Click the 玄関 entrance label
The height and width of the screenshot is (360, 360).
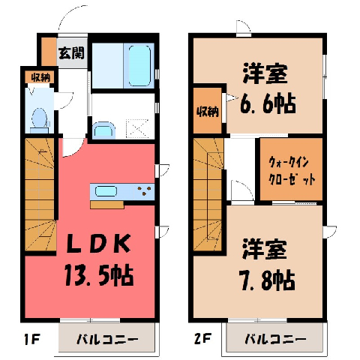(x=71, y=52)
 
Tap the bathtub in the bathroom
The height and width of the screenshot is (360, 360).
(x=139, y=66)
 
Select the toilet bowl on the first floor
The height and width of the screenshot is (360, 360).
(x=40, y=118)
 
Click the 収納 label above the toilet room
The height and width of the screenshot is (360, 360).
(x=40, y=78)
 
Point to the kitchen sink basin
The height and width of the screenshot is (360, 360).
(x=106, y=192)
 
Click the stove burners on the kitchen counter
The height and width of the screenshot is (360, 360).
(x=145, y=190)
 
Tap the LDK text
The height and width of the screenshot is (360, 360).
(x=98, y=243)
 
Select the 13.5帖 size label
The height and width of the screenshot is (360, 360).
(x=99, y=275)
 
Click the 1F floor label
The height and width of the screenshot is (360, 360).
(x=32, y=339)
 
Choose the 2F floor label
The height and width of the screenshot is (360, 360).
(x=203, y=339)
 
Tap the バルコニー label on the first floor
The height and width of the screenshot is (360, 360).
(x=107, y=340)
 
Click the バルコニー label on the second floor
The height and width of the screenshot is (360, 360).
(x=275, y=339)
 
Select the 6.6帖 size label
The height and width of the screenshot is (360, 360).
(x=268, y=103)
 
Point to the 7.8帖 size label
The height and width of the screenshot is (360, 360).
(x=268, y=280)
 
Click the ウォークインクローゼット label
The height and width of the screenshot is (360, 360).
(x=292, y=171)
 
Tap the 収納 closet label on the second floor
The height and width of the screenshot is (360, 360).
(x=208, y=112)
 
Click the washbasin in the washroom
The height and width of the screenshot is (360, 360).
(x=103, y=130)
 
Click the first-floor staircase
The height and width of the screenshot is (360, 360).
(x=40, y=194)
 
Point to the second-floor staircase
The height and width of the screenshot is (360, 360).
(x=208, y=194)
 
